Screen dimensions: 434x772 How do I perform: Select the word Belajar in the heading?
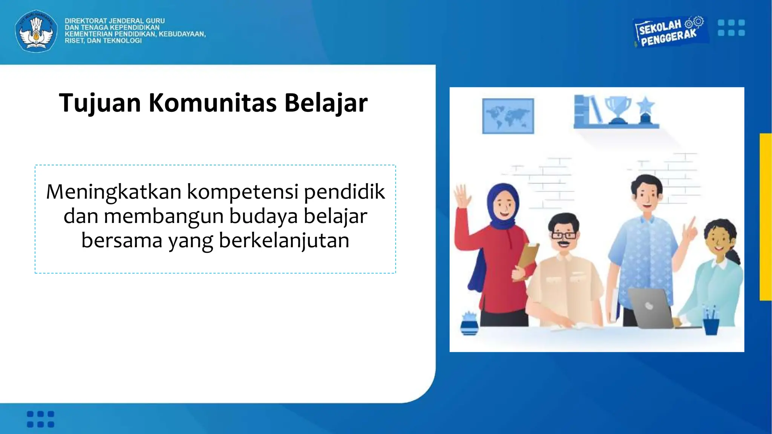coord(326,103)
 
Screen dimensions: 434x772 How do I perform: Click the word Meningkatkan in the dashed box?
coord(114,192)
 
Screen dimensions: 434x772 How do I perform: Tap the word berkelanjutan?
coord(284,240)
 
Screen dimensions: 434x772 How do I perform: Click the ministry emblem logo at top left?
coord(36,31)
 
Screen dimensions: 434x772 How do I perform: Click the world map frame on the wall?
coord(508,116)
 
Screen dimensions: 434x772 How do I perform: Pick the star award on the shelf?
coord(645,109)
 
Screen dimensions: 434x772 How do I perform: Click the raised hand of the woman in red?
coord(462,196)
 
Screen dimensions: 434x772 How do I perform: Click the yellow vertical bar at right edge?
coord(766,217)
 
